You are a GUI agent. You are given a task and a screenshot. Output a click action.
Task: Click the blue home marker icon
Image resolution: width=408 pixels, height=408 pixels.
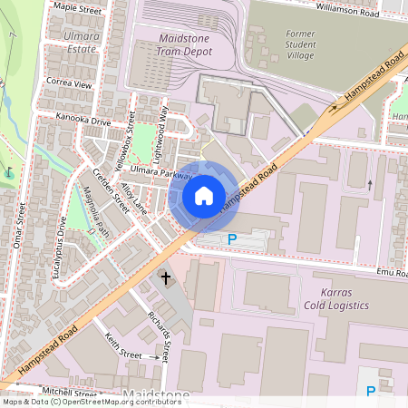click(x=204, y=195)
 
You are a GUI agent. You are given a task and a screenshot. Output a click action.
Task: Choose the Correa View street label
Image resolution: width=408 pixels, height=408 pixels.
click(x=69, y=83)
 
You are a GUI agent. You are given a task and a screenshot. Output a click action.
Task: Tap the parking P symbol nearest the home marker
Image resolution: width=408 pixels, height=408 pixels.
click(x=231, y=238)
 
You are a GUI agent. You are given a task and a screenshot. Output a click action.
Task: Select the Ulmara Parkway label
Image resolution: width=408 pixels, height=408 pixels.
click(x=160, y=172)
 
